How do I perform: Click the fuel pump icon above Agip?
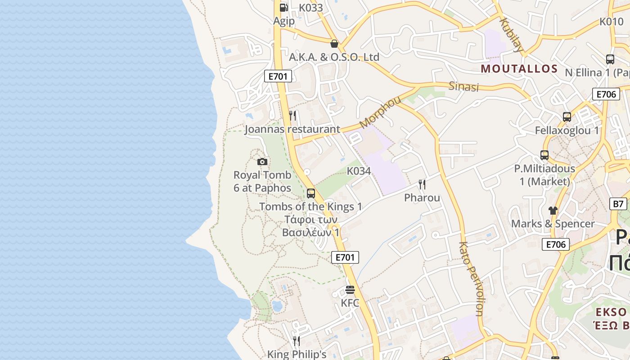(283, 7)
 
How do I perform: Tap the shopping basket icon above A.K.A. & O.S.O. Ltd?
(334, 44)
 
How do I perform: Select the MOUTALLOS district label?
(519, 69)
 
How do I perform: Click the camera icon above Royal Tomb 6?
(262, 162)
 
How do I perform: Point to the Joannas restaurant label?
(292, 130)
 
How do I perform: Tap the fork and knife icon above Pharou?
(422, 184)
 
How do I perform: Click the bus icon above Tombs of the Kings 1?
(310, 193)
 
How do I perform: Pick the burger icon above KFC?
(350, 289)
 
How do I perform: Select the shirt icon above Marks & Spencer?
(553, 210)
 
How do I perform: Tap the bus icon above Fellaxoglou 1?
(567, 117)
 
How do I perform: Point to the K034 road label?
(359, 171)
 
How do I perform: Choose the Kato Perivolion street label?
(471, 279)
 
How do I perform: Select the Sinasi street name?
(463, 86)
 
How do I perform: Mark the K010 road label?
(612, 21)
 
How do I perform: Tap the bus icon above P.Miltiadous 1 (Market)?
(544, 155)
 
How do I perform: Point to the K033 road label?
(311, 8)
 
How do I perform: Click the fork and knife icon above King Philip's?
(296, 341)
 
